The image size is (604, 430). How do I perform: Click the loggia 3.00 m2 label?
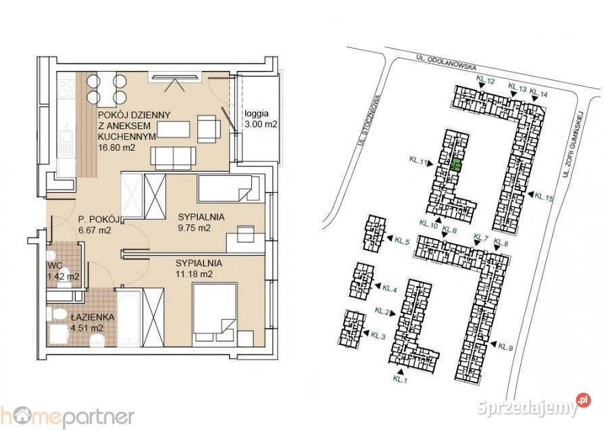(x=261, y=119)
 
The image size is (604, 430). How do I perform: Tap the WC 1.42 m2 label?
(x=64, y=271)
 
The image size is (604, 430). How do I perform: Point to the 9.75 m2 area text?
(x=194, y=228)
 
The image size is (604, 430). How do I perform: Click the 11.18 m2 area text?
(x=194, y=274)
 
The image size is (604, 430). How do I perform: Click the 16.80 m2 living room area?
(x=116, y=147)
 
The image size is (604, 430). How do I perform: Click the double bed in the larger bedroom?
(x=214, y=313)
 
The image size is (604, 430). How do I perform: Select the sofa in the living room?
(x=174, y=158)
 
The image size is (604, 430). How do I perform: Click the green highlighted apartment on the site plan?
(x=455, y=165)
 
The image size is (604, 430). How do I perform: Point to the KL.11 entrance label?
(x=418, y=161)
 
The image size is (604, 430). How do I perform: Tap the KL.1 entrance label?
(x=400, y=379)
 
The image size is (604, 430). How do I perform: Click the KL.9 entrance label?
(x=505, y=347)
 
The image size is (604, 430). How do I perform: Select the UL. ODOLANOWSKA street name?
(x=446, y=62)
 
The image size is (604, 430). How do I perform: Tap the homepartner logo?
(x=67, y=417)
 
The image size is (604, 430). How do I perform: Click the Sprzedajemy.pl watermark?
(x=534, y=406)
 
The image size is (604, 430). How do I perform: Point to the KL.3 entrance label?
(x=378, y=335)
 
